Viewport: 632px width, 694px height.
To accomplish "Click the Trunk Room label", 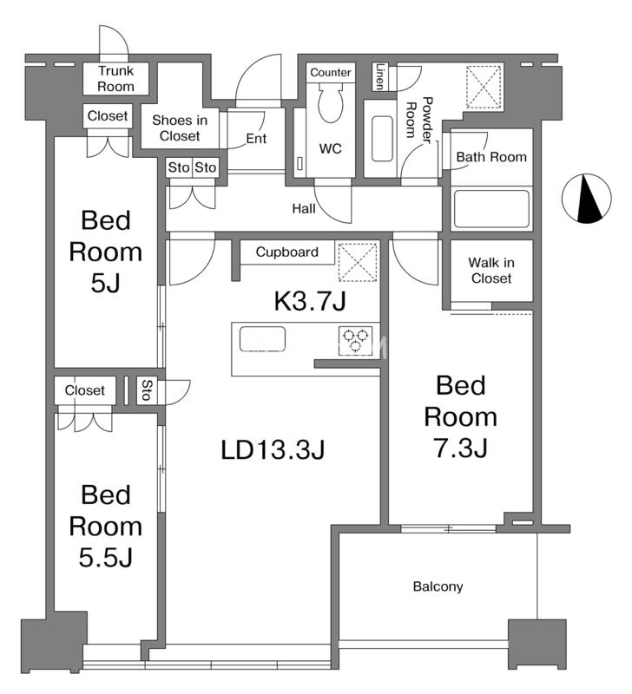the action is click(115, 78).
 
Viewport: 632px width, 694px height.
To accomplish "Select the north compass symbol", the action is click(586, 199).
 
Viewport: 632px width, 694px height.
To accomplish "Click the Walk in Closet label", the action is click(491, 271).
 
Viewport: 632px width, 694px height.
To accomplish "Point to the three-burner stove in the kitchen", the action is click(356, 341).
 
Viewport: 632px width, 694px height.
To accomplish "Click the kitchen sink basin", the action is click(262, 339).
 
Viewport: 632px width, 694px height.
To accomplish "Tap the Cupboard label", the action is click(287, 252).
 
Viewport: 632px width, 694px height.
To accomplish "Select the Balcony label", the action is click(438, 587).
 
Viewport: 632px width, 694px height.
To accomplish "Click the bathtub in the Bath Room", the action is click(491, 209).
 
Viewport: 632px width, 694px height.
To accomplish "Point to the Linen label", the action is click(379, 76).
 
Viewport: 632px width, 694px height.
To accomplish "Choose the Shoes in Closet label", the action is click(180, 128).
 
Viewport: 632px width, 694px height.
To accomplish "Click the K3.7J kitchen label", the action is click(310, 302).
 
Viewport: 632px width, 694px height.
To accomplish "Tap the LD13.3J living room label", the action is click(273, 449).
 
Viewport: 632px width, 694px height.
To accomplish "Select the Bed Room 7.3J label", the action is click(461, 416).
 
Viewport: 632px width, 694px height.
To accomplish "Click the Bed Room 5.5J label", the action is click(106, 526).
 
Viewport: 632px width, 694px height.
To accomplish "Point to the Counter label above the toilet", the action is click(331, 73).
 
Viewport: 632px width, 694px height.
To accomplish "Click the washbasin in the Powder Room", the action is click(382, 139).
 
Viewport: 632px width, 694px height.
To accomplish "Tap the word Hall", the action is click(304, 208).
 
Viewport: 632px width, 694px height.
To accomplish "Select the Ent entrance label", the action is click(256, 139).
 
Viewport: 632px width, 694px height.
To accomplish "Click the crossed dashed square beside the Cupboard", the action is click(358, 262).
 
